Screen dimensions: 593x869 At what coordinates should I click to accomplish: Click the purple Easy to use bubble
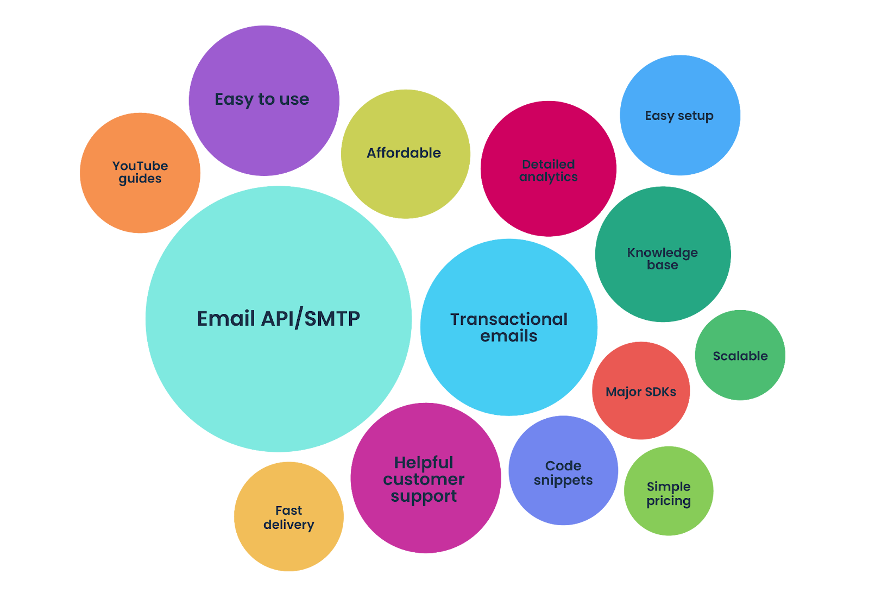tap(264, 101)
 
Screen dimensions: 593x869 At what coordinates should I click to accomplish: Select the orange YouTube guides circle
tap(140, 173)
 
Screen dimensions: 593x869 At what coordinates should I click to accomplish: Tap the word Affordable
tap(404, 153)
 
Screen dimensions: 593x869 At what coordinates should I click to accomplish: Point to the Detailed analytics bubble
tap(549, 169)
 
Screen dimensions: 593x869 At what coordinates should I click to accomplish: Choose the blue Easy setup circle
tap(679, 116)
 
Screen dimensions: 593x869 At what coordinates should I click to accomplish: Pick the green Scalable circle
tap(740, 356)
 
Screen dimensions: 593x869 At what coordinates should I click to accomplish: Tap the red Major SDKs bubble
tap(641, 391)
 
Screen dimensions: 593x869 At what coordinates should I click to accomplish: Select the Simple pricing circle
tap(669, 491)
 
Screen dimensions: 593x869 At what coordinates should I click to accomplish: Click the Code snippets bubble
tap(563, 471)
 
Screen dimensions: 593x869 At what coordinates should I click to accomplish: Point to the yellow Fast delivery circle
tap(288, 516)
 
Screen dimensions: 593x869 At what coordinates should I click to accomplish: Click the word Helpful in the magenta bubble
tap(424, 463)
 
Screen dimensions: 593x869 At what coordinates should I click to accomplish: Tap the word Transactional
tap(509, 319)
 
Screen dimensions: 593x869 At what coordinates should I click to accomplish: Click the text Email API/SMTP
tap(278, 319)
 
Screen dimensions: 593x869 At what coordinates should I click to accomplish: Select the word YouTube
tap(140, 166)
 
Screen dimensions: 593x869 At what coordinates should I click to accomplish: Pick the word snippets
tap(563, 481)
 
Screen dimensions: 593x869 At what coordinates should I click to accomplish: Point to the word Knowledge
tap(663, 253)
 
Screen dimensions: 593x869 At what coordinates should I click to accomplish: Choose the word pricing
tap(669, 501)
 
